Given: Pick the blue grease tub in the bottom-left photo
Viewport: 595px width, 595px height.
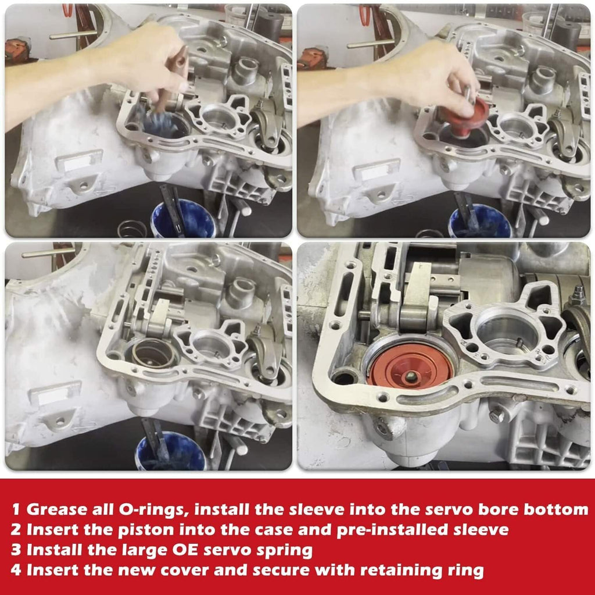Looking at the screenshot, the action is [171, 451].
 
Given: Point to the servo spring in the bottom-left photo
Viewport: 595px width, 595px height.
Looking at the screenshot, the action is [153, 354].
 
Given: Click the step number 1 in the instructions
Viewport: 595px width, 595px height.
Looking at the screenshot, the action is [16, 510].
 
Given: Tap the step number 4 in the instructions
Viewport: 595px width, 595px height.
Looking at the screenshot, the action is [16, 570].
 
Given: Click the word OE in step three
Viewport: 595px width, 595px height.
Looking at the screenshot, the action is [185, 550].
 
